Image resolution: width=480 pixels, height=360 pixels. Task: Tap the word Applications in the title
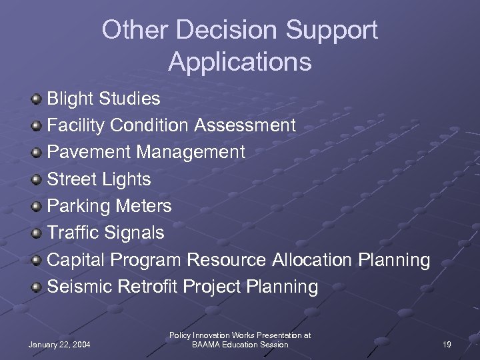coord(240,61)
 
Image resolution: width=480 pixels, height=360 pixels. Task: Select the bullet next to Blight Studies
coord(37,99)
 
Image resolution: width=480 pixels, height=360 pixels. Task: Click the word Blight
coord(70,99)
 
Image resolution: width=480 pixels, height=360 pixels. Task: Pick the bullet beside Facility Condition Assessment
coord(37,125)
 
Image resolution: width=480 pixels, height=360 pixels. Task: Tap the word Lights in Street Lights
coord(128,179)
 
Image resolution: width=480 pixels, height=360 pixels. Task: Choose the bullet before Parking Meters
coord(37,206)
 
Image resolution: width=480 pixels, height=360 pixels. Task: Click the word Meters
coord(143,206)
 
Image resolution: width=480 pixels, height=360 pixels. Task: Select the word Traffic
coord(72,233)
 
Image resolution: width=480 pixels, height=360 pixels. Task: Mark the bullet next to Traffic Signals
coord(37,233)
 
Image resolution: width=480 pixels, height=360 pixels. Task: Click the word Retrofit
coord(147,287)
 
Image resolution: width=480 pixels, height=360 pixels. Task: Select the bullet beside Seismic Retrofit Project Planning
coord(37,287)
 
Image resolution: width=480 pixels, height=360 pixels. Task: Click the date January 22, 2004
coord(59,345)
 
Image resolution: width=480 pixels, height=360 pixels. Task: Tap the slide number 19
coord(447,345)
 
